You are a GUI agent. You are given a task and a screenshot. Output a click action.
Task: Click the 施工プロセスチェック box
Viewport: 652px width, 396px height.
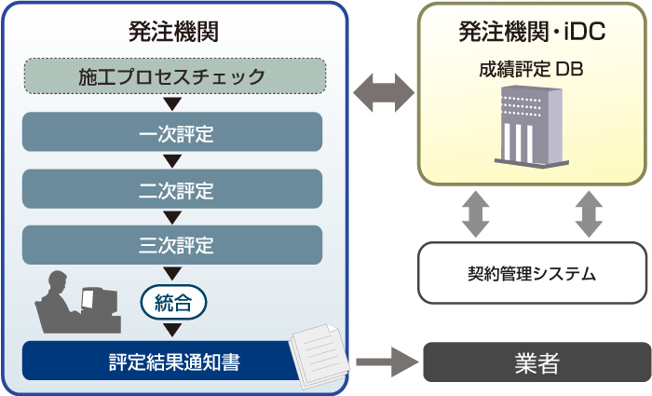click(173, 75)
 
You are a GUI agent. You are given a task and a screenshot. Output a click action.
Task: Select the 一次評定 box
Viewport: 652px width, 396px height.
click(173, 132)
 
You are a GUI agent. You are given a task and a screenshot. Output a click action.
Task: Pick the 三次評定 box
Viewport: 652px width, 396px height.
click(173, 245)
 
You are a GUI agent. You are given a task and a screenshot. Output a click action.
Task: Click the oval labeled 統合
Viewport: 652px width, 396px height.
click(173, 302)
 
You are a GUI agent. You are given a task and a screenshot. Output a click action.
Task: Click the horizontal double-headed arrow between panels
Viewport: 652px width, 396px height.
click(384, 92)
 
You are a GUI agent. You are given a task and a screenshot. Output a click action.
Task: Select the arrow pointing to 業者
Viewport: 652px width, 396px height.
click(384, 362)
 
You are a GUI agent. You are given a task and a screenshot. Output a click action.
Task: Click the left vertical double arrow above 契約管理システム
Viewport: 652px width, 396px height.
click(476, 213)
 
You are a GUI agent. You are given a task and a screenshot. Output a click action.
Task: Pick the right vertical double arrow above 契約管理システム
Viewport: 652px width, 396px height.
click(589, 213)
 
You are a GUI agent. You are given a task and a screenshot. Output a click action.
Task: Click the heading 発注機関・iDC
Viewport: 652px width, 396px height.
click(532, 32)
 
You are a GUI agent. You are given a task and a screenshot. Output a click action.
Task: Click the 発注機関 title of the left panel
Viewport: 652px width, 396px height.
click(173, 32)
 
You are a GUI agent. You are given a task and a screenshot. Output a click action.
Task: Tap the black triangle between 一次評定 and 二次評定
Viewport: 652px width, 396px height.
click(173, 160)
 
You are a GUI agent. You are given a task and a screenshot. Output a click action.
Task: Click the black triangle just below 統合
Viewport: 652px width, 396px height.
click(173, 329)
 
